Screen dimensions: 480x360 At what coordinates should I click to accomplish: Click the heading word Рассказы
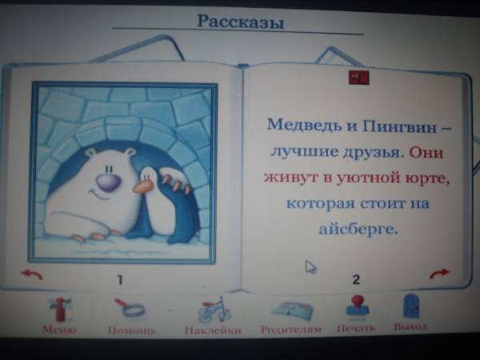(x=240, y=22)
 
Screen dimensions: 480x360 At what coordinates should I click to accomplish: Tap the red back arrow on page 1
(x=32, y=274)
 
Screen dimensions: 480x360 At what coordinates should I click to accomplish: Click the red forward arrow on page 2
(x=439, y=274)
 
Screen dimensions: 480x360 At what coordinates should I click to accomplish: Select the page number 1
(x=120, y=280)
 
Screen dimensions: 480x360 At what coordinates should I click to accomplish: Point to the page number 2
(x=356, y=279)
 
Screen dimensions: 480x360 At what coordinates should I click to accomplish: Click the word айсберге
(x=358, y=227)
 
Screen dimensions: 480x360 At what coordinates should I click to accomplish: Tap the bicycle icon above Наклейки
(x=214, y=310)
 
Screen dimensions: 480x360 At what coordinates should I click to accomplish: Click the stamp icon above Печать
(x=358, y=307)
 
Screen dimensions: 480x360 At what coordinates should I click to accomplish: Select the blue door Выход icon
(x=410, y=306)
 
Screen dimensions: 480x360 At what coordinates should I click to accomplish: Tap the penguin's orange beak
(x=143, y=186)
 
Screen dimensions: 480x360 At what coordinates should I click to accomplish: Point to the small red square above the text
(x=358, y=77)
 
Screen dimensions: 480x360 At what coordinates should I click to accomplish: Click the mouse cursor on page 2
(x=310, y=267)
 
